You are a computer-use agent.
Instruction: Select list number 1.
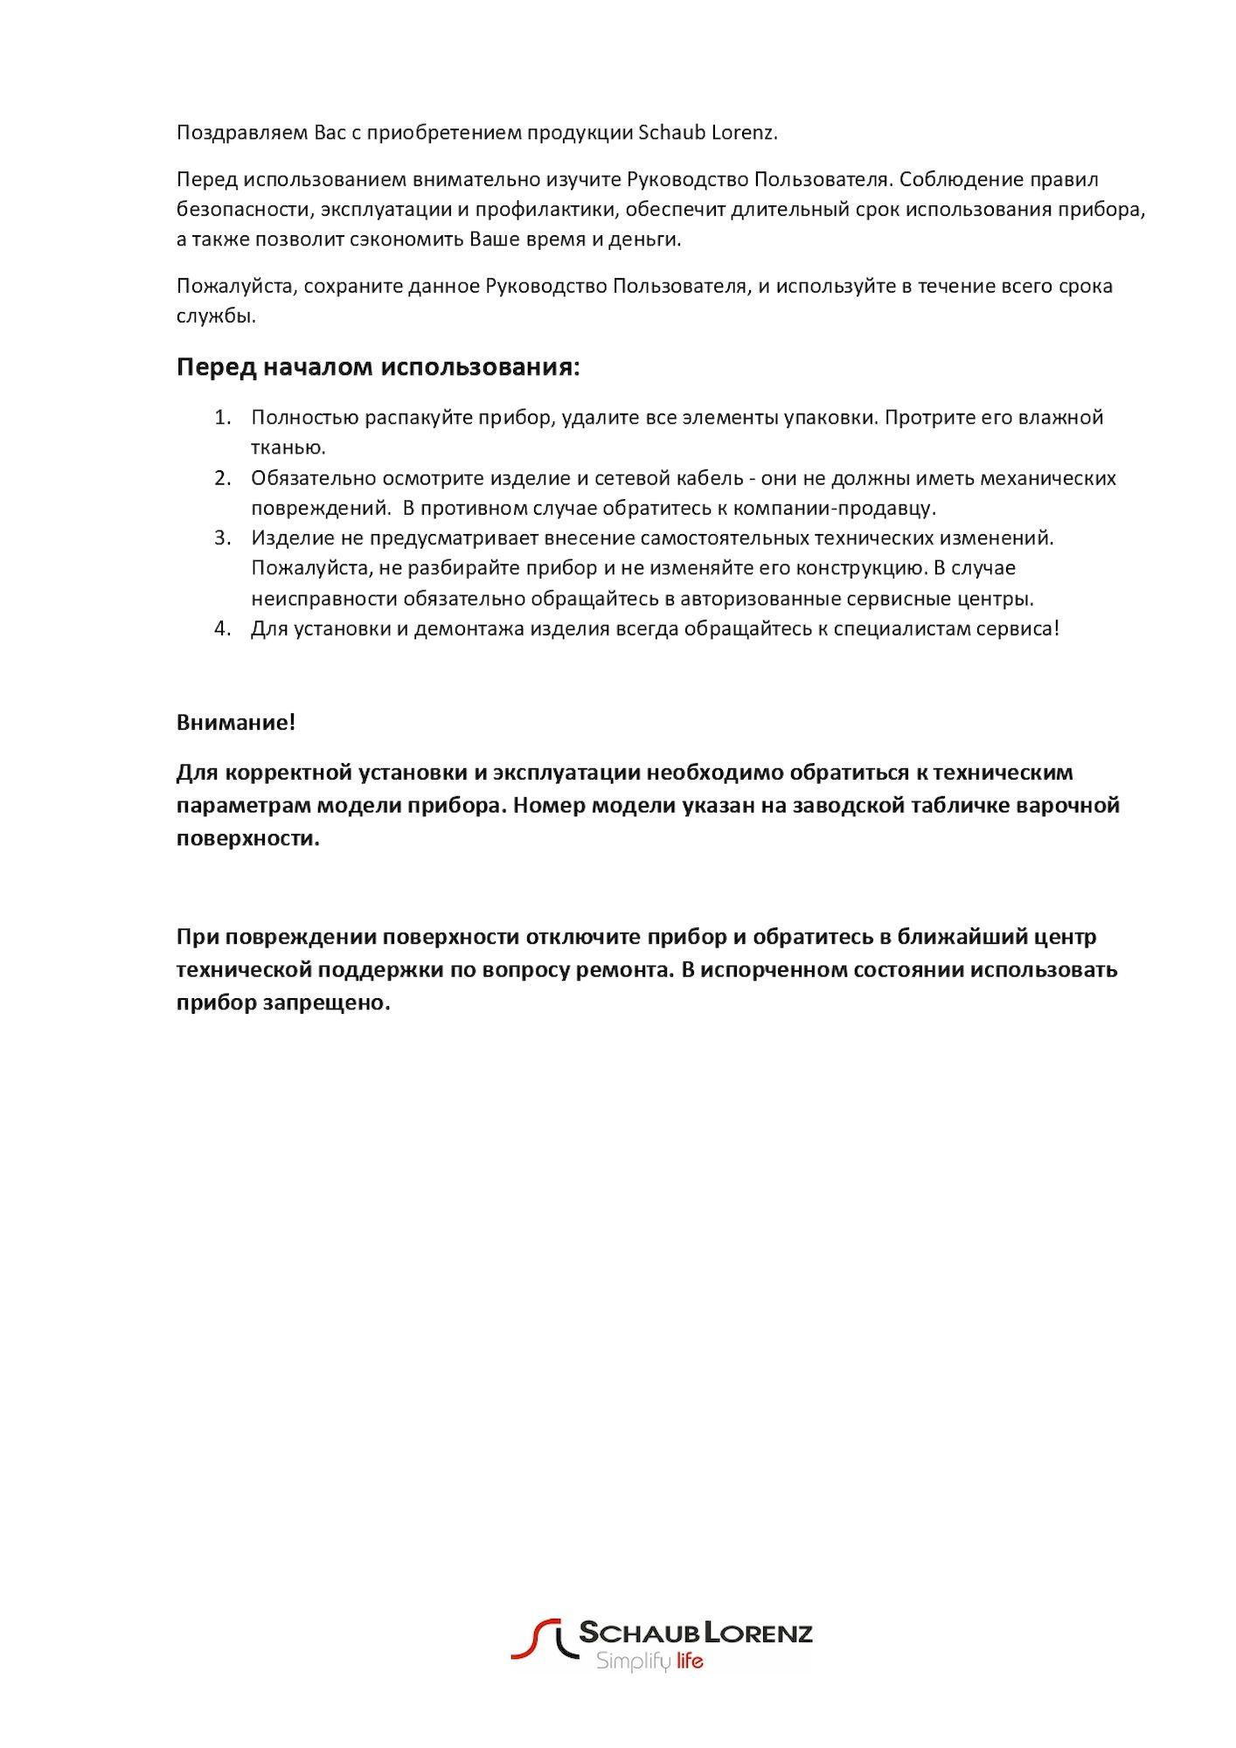coord(223,418)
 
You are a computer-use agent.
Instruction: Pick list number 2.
coord(223,478)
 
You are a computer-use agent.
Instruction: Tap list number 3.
coord(223,538)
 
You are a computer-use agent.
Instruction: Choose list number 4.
coord(223,629)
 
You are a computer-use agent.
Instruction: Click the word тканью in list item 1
coord(288,447)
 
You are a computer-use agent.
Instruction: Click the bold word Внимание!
coord(236,723)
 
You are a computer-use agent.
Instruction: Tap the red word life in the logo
coord(690,1661)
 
